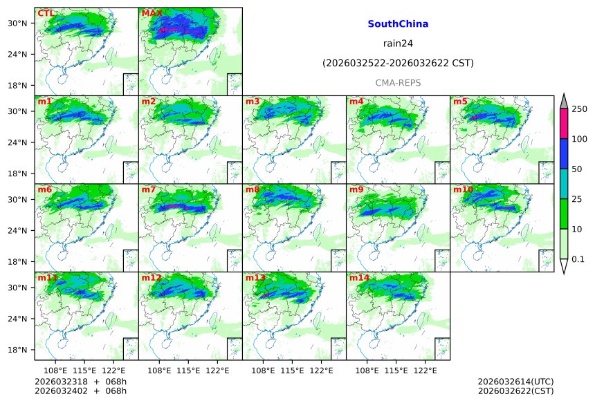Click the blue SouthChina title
pos(398,24)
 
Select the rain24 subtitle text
pos(398,44)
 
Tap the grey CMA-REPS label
pos(398,83)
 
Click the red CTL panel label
pos(46,13)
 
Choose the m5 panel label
pos(460,102)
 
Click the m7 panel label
pos(149,189)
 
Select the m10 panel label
pos(463,189)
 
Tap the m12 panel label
pos(151,278)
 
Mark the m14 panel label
pos(359,278)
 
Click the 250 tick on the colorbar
pos(580,109)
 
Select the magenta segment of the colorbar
pos(563,124)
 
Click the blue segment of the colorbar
pos(563,154)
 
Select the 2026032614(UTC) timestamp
pos(515,382)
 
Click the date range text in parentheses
pos(398,64)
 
